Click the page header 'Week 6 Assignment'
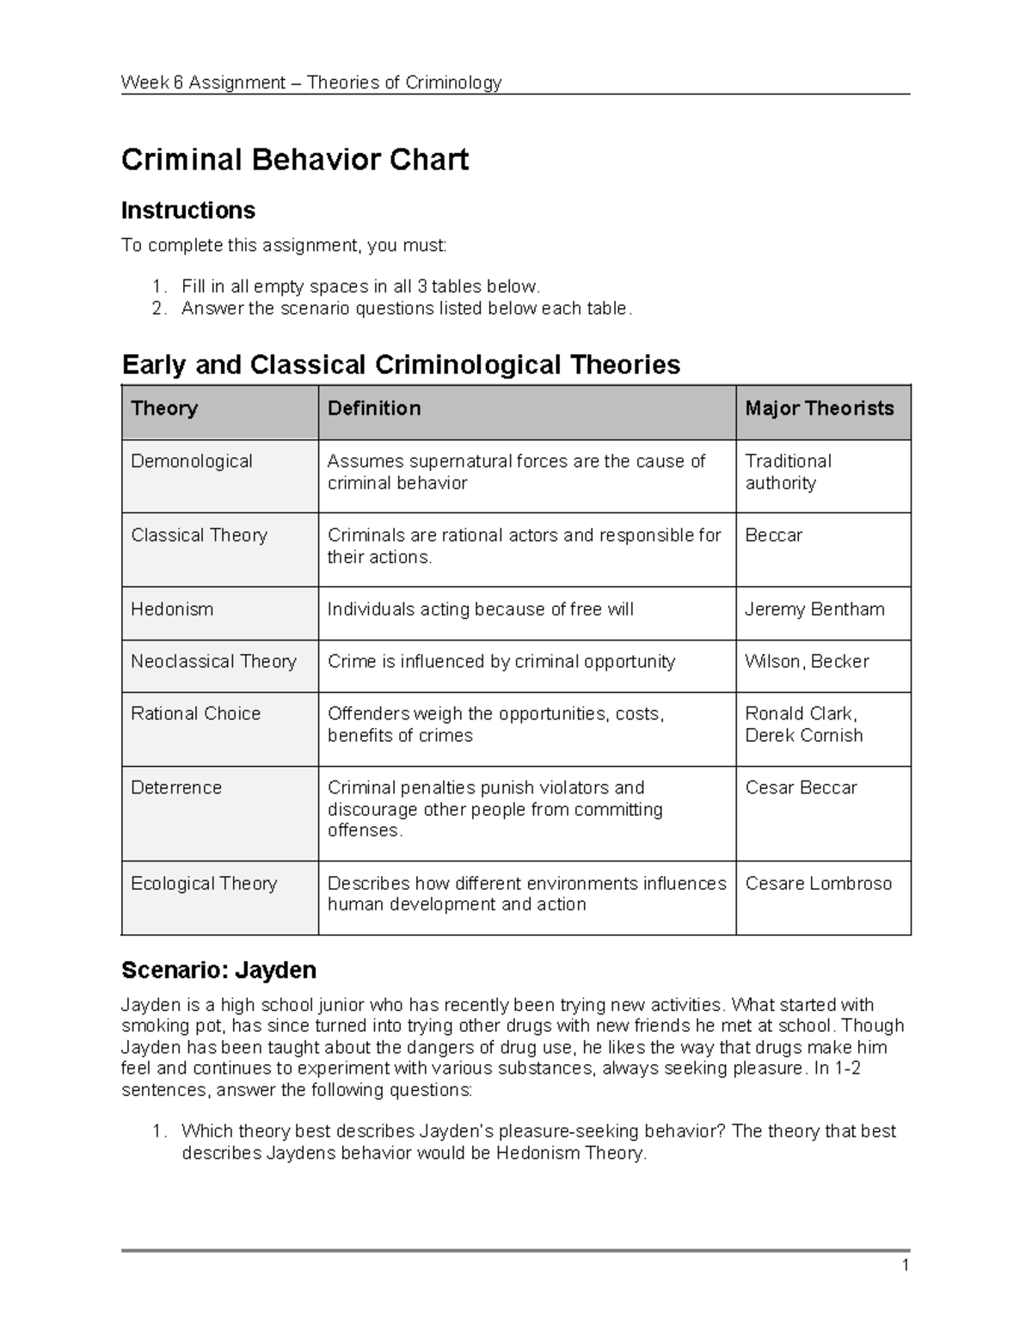203,83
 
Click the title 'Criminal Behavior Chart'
295,160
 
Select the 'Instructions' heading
188,211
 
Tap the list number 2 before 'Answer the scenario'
159,309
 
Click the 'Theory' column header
164,408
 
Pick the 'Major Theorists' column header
819,408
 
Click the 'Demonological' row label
192,462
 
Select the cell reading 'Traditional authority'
788,472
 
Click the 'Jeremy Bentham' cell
814,609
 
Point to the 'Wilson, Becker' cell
807,661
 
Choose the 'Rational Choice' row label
195,713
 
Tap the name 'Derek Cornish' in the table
803,736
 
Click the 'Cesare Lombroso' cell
818,884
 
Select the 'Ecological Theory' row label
204,884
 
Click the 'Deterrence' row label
176,787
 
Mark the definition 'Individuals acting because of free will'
480,609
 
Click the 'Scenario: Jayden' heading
218,971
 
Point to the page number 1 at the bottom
906,1265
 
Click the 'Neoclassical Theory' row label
213,661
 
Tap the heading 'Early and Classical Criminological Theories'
401,364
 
